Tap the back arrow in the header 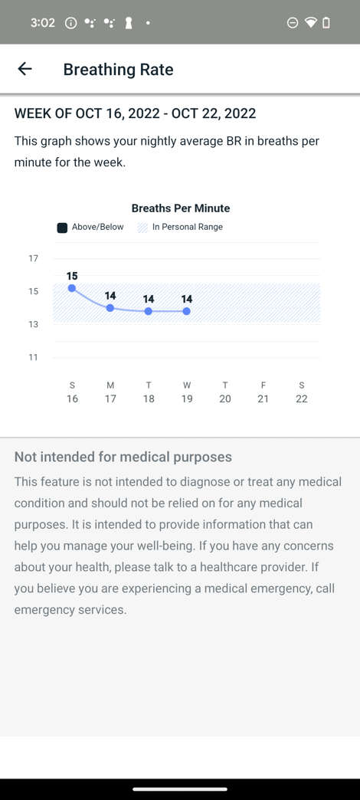tap(25, 69)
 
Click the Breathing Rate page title tap(118, 70)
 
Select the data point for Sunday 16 tap(72, 288)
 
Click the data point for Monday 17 tap(110, 308)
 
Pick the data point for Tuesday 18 tap(149, 311)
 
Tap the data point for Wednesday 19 tap(187, 311)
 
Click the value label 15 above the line tap(72, 276)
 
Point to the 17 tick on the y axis tap(33, 259)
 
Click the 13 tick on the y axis tap(33, 324)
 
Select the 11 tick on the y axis tap(33, 357)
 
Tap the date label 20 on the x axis tap(225, 398)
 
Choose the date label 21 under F tap(263, 398)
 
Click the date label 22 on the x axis tap(301, 398)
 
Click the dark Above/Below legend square tap(62, 228)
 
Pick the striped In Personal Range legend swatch tap(142, 228)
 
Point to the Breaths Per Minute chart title tap(181, 208)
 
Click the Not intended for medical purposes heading tap(123, 457)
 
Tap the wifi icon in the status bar tap(310, 22)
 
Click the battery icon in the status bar tap(326, 22)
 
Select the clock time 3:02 tap(42, 23)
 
